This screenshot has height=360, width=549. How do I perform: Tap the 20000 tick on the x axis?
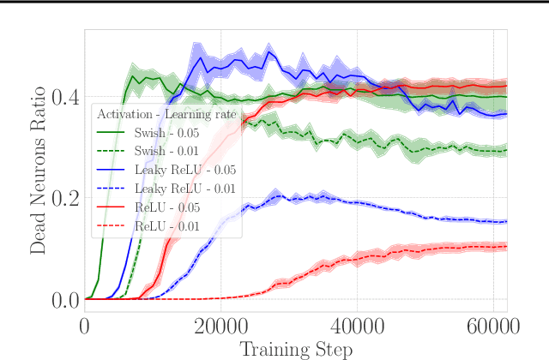221,327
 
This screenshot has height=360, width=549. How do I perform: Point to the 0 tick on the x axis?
85,327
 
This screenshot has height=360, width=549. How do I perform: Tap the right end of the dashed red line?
507,247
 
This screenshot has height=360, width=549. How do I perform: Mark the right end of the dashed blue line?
507,221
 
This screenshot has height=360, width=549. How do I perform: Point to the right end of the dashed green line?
507,150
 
